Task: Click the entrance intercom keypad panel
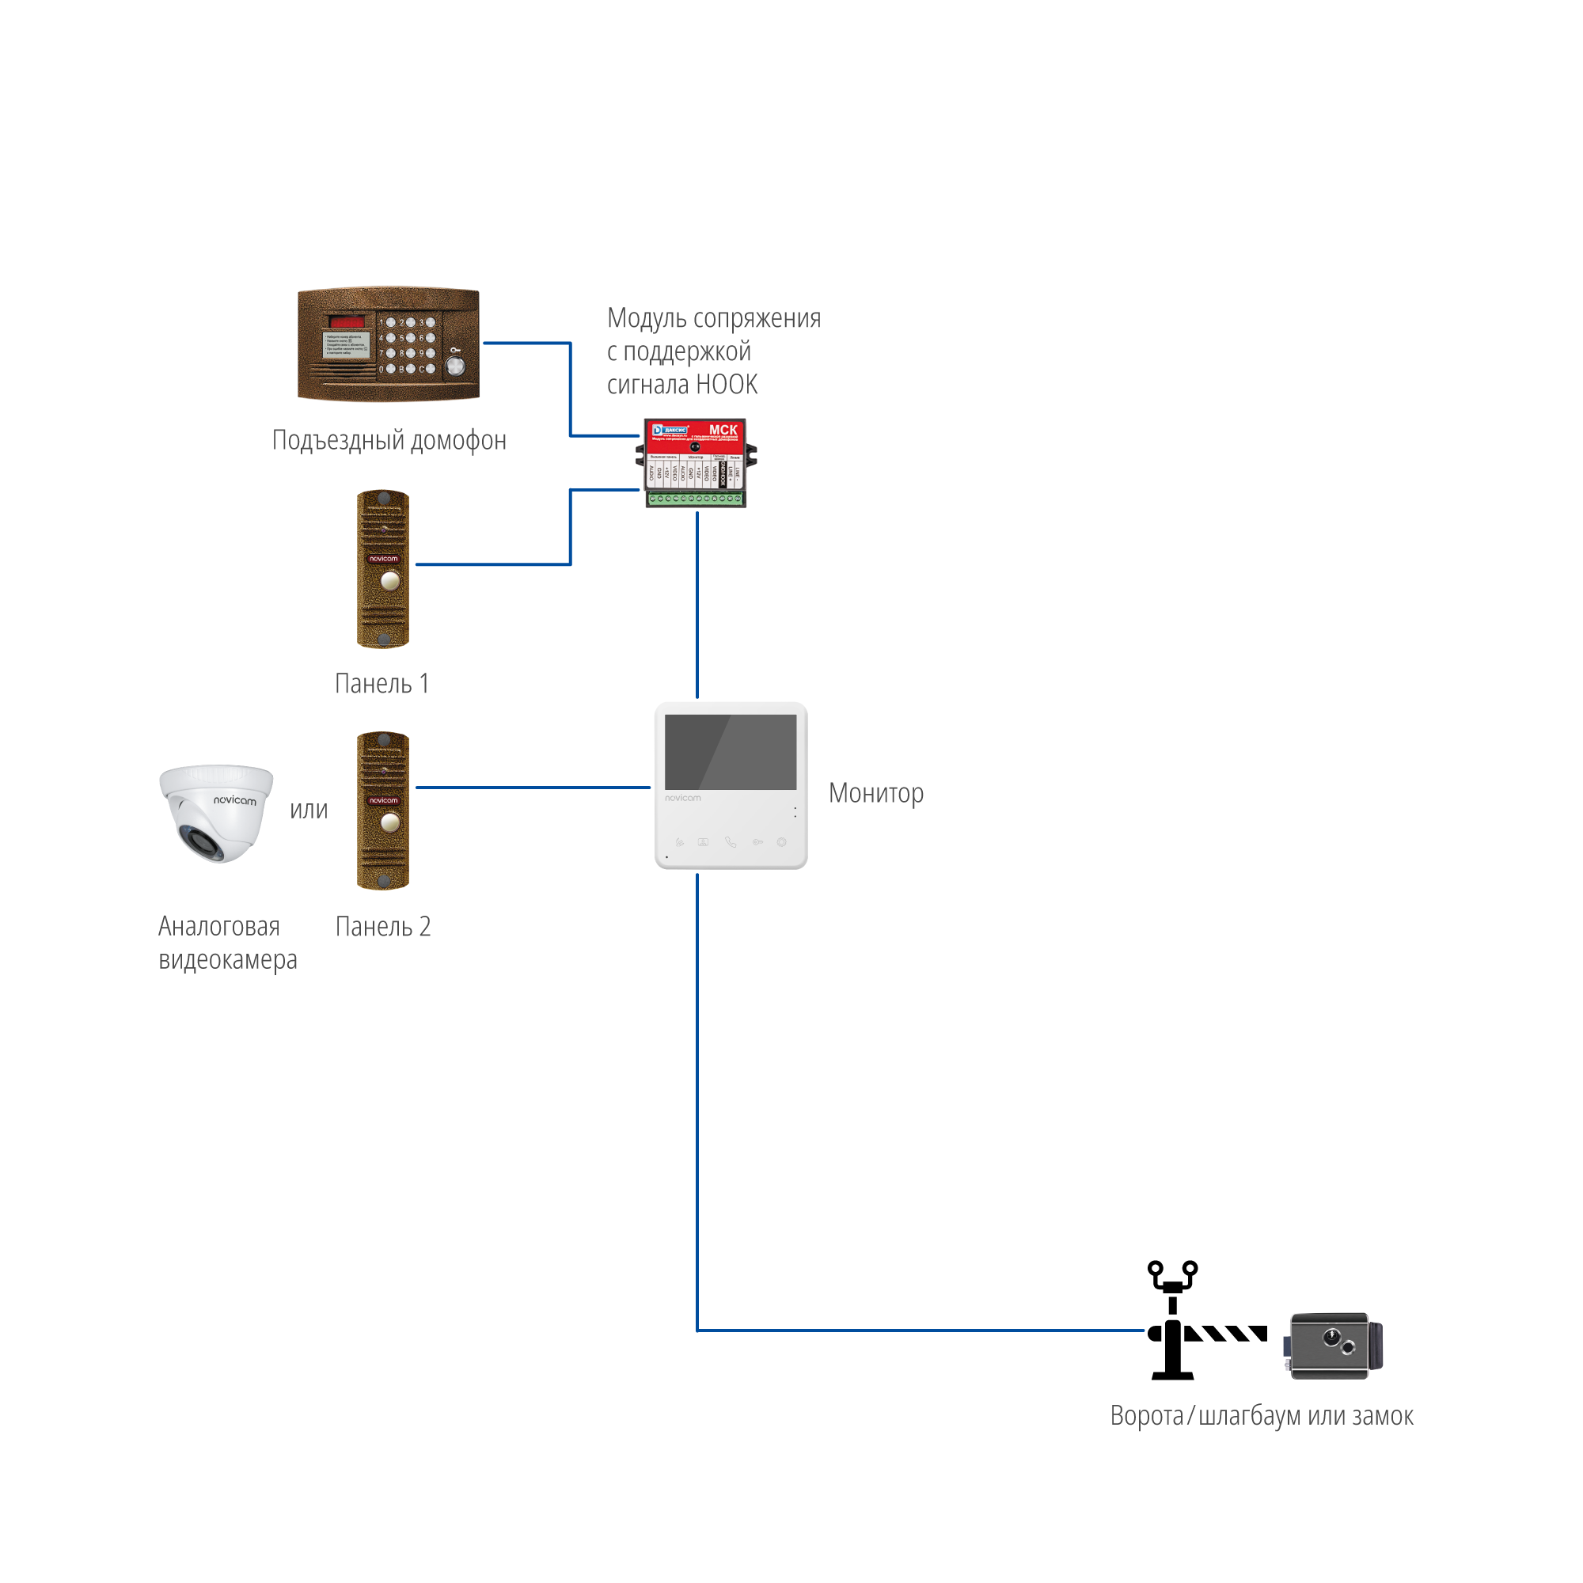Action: (389, 344)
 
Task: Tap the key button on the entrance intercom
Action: (456, 366)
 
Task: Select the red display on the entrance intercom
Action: (347, 321)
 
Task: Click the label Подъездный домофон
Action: (389, 441)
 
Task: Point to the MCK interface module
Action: (696, 462)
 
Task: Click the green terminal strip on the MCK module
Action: (696, 498)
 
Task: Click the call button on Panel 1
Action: (390, 581)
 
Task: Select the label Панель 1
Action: (382, 683)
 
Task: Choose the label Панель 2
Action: (382, 927)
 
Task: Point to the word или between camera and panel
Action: (309, 810)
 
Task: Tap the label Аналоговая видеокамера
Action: (227, 942)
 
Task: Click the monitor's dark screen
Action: (730, 751)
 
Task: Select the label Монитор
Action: (876, 793)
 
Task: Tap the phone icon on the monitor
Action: (731, 842)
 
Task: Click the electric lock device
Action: (1332, 1346)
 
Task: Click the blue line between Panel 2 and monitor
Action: (533, 788)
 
